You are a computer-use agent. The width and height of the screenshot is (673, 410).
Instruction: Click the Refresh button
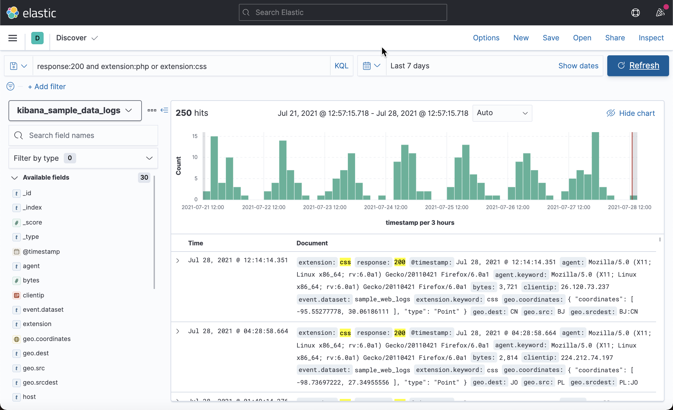point(638,66)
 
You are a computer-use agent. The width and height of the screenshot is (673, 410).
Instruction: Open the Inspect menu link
point(651,38)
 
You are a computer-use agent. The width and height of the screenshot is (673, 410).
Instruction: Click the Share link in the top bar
point(615,38)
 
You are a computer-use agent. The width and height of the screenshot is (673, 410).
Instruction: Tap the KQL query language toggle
point(341,66)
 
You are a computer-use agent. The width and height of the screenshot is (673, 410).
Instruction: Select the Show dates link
point(578,66)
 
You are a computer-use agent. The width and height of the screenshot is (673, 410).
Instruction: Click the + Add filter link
point(47,87)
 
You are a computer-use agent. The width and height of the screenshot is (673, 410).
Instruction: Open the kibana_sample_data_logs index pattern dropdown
point(75,111)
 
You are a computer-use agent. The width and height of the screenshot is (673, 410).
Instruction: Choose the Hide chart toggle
point(631,113)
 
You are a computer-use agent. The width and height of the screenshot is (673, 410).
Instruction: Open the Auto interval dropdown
point(502,113)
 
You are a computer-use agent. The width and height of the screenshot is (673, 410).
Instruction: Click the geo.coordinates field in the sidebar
point(47,339)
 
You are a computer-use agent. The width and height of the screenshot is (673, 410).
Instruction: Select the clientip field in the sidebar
point(33,295)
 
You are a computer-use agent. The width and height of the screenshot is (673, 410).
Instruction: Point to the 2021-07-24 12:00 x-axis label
point(386,207)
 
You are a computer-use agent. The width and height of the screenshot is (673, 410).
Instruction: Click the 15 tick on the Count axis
point(195,136)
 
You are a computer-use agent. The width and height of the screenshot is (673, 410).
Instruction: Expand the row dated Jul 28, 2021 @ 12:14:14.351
point(178,260)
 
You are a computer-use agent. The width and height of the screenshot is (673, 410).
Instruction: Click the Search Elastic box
point(343,12)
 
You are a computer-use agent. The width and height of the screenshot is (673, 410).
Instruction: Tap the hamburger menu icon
point(13,38)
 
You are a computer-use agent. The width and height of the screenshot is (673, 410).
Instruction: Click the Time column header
point(196,243)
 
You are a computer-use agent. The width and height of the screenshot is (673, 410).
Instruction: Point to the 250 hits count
point(192,113)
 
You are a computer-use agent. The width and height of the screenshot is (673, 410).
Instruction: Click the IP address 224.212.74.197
point(587,358)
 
